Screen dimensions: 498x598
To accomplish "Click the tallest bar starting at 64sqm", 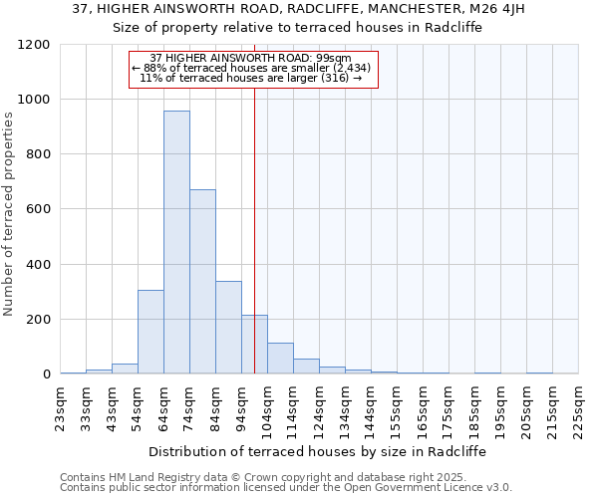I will coord(176,242).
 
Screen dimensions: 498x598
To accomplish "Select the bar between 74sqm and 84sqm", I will coord(202,281).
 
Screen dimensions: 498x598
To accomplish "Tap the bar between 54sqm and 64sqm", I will coord(150,332).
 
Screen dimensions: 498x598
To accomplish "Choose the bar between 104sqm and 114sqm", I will coord(280,358).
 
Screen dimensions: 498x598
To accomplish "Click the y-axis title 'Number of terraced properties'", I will coord(10,214).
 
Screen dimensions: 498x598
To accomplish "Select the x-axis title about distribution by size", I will coord(318,451).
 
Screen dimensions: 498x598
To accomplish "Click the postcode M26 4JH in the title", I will coord(496,9).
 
